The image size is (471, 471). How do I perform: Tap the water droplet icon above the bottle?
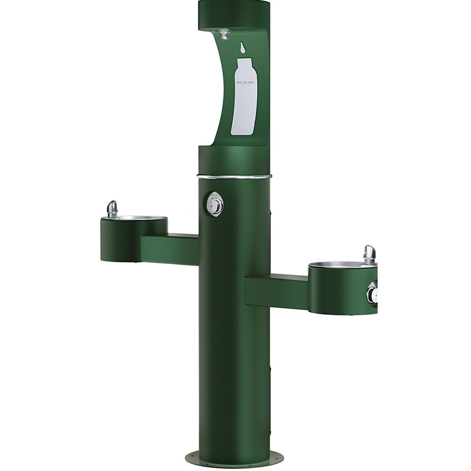click(243, 47)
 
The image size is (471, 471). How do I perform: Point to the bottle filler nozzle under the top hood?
click(225, 33)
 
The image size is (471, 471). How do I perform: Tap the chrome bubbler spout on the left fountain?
click(112, 209)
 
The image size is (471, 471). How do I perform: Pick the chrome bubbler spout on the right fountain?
click(370, 254)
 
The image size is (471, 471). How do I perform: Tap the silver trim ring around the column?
click(234, 177)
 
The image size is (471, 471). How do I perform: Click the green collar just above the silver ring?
click(234, 160)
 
